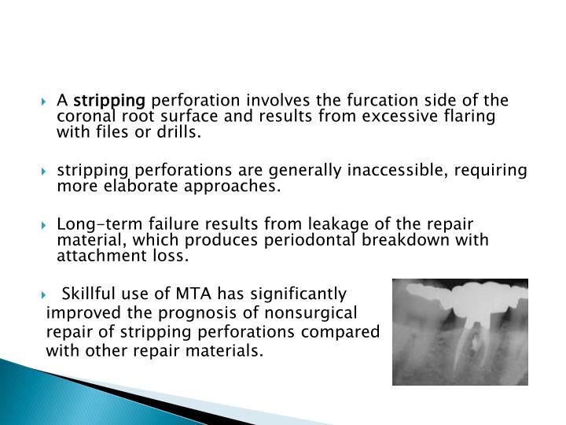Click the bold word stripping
109,101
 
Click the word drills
179,133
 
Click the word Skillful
89,294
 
